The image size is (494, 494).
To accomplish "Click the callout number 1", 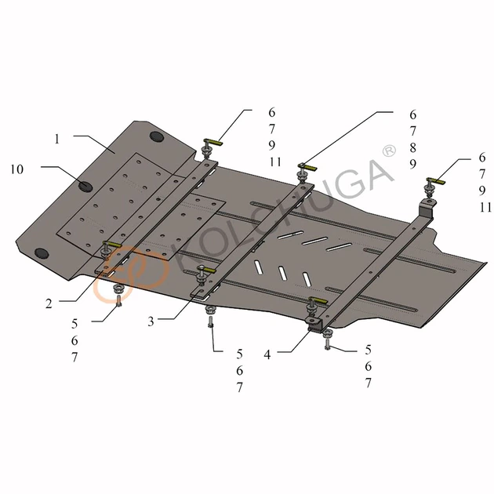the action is point(57,139).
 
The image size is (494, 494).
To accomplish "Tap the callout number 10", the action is point(17,169).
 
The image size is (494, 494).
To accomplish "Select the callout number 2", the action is point(49,303).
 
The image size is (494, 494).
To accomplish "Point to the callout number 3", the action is point(151,321).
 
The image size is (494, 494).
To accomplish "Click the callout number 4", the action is point(267,354).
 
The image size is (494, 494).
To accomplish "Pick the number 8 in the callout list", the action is point(412,147).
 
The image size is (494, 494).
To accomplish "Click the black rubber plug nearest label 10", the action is point(85,186).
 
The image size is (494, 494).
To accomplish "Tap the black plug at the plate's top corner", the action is point(157,136).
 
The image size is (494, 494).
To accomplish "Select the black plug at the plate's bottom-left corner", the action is point(42,252).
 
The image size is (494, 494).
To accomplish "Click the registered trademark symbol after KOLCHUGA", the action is point(389,151).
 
